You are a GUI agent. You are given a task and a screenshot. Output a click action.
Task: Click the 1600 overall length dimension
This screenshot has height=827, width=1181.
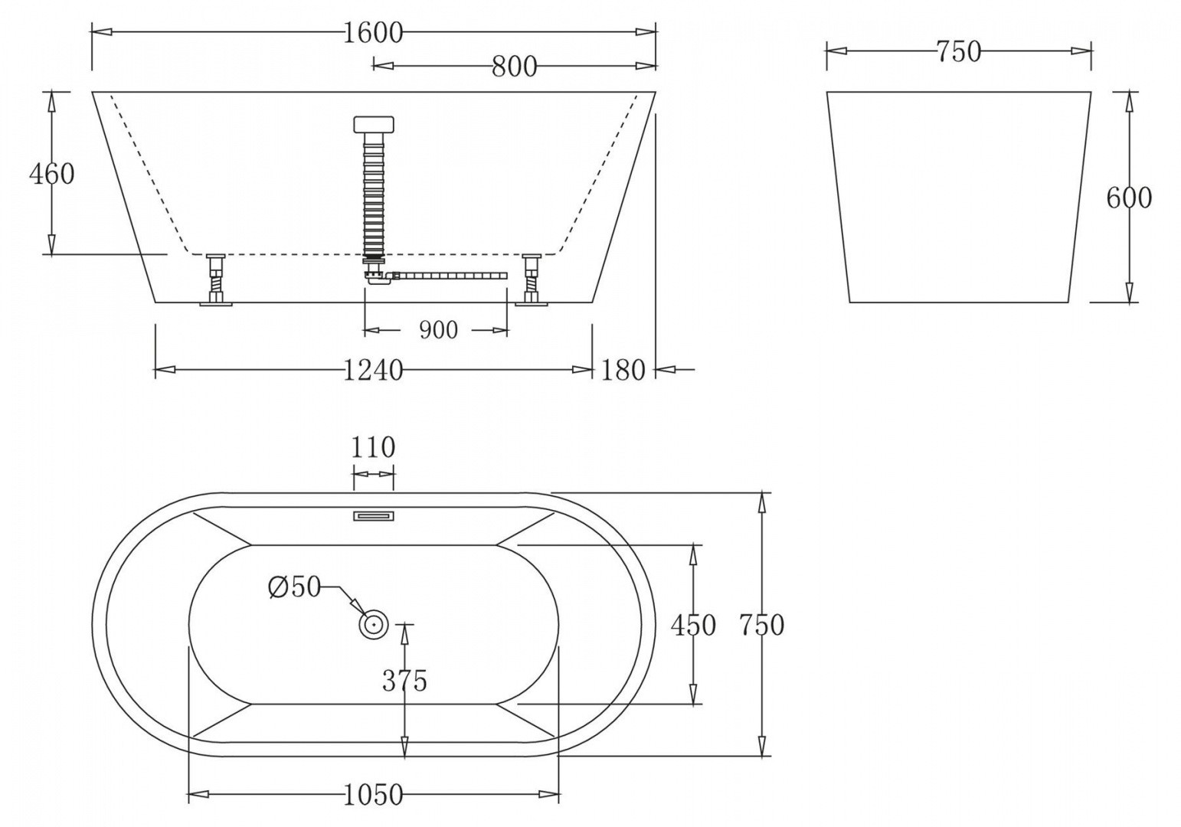point(372,33)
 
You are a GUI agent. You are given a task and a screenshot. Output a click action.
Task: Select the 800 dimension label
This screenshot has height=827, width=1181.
point(514,67)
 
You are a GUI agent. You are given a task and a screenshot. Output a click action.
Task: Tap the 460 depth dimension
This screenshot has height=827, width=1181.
point(51,174)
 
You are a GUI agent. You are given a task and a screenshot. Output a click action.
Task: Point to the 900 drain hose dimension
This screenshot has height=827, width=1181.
point(438,330)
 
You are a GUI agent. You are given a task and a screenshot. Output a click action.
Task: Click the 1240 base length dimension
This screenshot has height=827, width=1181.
point(372,370)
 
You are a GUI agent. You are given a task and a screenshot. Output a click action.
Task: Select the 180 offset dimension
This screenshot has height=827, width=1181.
point(623,370)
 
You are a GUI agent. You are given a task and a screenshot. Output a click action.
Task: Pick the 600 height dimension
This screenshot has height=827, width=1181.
point(1128,198)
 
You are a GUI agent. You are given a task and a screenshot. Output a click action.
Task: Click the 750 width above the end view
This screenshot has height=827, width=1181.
point(957,51)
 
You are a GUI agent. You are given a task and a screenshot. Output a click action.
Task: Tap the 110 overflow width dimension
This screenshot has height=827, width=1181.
point(373,447)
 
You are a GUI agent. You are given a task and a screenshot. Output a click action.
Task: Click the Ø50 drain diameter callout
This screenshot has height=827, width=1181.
point(294,587)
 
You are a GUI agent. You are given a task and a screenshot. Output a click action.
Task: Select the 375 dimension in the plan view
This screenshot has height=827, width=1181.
point(404,680)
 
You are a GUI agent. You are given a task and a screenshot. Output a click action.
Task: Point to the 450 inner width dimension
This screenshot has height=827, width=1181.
point(692,625)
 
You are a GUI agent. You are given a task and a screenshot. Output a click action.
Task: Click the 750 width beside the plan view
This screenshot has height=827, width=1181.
point(761,625)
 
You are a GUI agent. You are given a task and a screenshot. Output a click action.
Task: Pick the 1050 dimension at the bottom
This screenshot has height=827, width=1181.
point(373,795)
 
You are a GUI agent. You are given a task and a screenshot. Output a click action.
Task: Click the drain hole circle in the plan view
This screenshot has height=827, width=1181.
point(374,625)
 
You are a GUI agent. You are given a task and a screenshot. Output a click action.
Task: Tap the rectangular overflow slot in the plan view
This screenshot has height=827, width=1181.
point(373,516)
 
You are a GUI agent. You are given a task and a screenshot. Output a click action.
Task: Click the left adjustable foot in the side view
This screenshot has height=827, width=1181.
point(215,279)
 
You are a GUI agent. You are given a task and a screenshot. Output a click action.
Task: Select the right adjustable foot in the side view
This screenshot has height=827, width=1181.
point(531,279)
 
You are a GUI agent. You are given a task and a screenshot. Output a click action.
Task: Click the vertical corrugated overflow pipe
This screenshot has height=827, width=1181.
point(373,191)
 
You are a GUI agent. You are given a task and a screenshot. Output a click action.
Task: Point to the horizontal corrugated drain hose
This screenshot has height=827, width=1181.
point(452,274)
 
